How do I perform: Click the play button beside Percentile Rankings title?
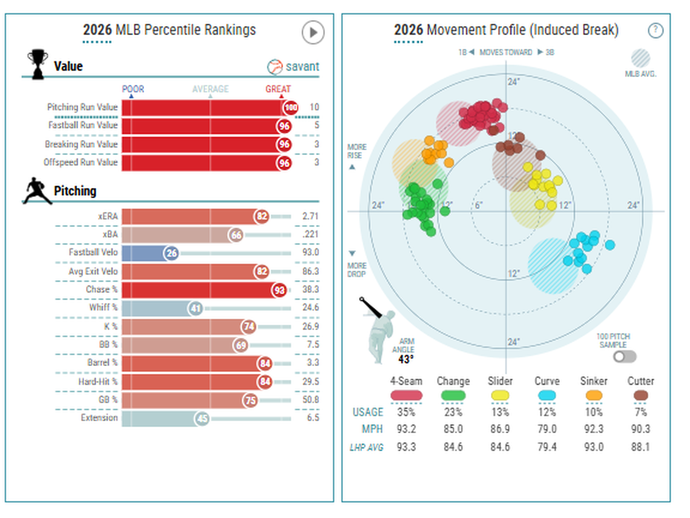point(313,32)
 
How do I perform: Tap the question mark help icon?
point(655,30)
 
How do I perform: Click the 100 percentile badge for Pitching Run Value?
point(291,107)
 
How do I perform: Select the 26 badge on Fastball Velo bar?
point(171,253)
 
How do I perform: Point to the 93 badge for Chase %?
point(279,290)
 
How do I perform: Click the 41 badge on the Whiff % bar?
point(195,308)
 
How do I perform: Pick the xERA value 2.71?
point(310,216)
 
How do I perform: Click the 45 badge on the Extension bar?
point(202,419)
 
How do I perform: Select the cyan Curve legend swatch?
point(547,396)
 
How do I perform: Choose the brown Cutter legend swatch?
point(640,396)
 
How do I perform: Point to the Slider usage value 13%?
point(500,412)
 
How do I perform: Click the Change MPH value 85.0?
point(453,430)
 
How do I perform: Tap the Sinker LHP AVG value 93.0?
point(594,447)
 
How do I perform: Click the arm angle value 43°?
point(406,359)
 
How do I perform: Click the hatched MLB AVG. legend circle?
point(640,58)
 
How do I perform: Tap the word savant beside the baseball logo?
point(302,67)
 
